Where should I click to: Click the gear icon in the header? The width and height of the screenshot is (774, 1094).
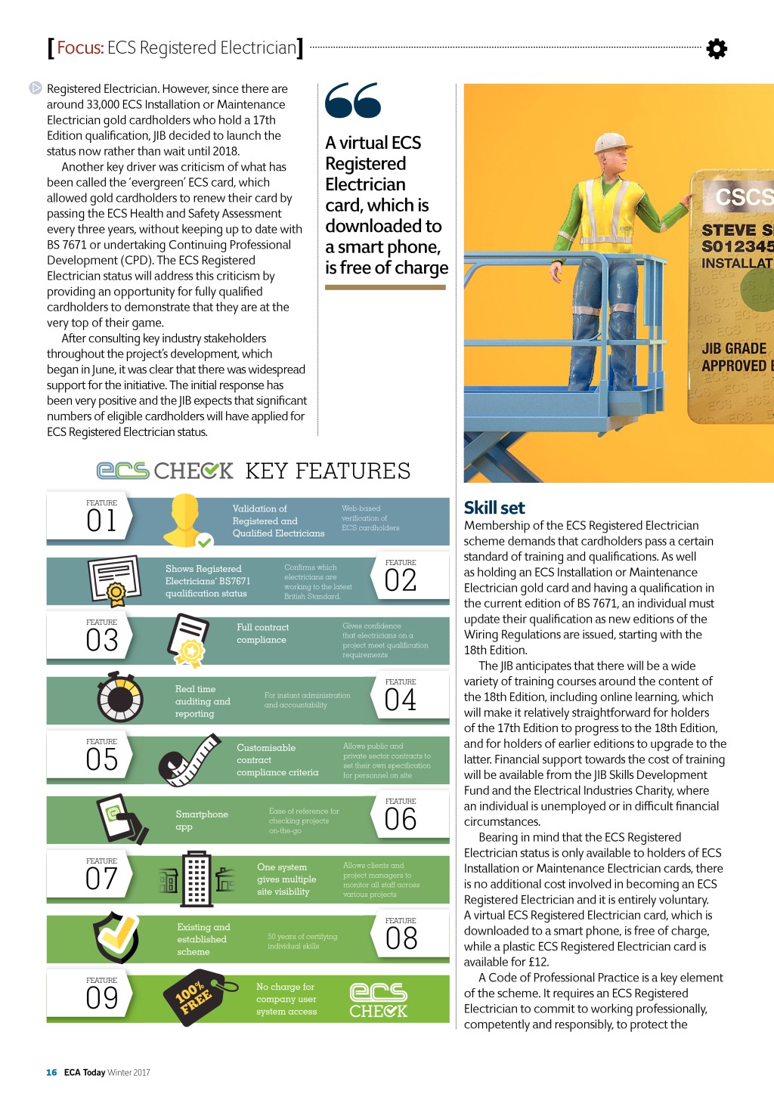point(717,49)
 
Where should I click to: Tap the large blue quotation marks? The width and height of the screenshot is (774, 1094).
point(352,100)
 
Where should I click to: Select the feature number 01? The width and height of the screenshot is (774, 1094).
point(101,521)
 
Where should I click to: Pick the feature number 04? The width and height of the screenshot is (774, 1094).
point(401,700)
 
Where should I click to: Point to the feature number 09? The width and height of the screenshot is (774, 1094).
point(101,998)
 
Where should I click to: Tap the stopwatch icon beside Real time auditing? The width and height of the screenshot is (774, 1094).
point(120,698)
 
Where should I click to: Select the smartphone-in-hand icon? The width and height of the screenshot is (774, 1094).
point(122,818)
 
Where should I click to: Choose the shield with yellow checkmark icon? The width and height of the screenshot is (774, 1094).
point(116,937)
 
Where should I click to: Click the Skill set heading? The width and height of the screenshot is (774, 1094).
point(494,508)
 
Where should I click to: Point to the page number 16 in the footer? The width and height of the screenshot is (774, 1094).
point(51,1072)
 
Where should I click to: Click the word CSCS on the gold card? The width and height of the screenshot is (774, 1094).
point(744,197)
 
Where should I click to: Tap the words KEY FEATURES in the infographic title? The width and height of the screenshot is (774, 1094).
point(328,471)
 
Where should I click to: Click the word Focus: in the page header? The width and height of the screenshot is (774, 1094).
point(80,48)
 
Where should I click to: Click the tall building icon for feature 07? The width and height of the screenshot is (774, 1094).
point(196,878)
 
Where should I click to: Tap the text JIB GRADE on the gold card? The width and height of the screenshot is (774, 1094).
point(734,348)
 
